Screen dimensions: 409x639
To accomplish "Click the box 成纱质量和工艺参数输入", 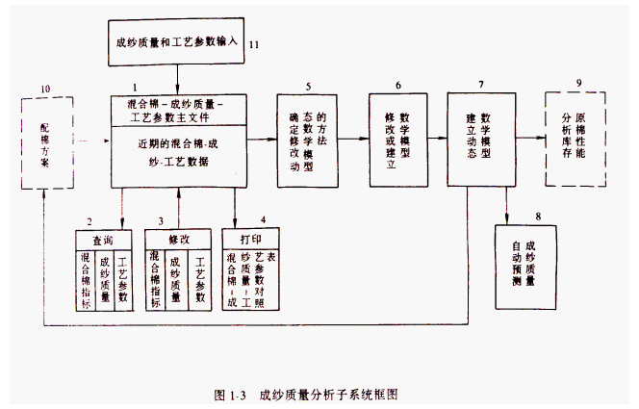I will point(177,43).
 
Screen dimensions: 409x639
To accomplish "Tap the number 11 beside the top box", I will point(255,44).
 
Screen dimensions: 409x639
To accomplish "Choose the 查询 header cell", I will point(102,236).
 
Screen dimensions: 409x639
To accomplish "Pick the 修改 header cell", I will point(177,236).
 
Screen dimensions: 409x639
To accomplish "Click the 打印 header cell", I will point(251,236).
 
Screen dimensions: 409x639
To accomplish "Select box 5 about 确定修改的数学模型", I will point(308,140).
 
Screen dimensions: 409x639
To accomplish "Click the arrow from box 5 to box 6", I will point(353,141).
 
